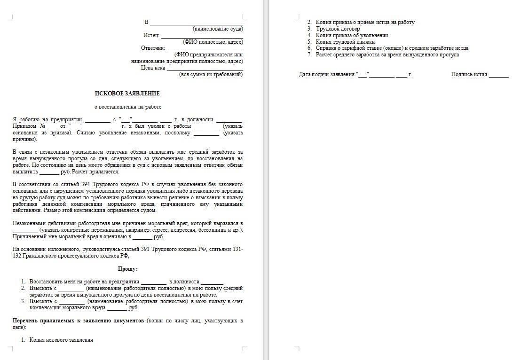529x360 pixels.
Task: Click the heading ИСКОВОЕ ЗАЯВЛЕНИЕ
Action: click(127, 94)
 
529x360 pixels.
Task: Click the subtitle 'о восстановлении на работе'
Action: click(127, 107)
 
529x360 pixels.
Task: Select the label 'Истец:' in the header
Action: click(151, 35)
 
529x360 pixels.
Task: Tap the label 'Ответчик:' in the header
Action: click(153, 48)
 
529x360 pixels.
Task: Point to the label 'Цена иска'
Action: click(153, 68)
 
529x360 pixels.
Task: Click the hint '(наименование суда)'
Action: click(218, 29)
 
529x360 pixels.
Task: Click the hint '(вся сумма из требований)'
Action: click(211, 74)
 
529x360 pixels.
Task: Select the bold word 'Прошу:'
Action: click(127, 269)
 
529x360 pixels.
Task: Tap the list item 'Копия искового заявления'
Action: click(61, 340)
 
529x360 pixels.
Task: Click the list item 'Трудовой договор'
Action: click(338, 29)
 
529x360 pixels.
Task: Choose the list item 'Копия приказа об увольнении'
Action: click(352, 35)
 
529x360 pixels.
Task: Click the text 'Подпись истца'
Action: click(469, 74)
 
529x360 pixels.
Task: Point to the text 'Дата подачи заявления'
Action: click(327, 74)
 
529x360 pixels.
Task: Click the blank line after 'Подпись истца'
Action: click(498, 75)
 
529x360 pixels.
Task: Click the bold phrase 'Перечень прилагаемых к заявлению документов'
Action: click(78, 321)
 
